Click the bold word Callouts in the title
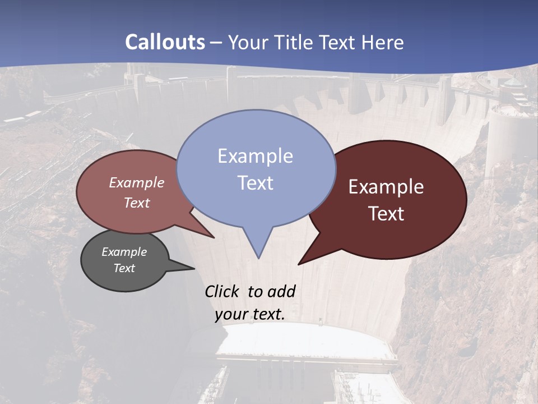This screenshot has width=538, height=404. (x=165, y=42)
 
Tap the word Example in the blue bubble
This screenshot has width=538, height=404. (x=255, y=156)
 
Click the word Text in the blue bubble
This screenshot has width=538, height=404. (x=255, y=183)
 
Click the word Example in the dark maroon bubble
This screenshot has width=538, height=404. (x=386, y=187)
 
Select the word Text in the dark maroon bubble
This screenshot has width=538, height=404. (x=386, y=214)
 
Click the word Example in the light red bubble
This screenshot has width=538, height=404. (x=137, y=182)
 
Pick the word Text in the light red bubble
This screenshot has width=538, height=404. (x=137, y=203)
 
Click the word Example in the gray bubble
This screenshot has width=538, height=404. (x=124, y=252)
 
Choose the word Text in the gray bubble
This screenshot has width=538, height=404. (x=124, y=268)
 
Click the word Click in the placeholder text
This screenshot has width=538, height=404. (x=222, y=291)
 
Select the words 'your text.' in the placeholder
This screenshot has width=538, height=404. (x=250, y=314)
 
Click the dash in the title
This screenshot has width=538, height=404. (x=217, y=43)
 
